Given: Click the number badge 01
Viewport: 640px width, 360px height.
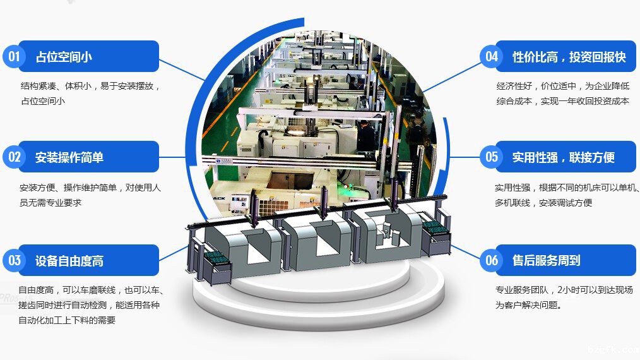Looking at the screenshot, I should pyautogui.click(x=14, y=56).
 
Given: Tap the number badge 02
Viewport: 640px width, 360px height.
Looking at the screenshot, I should pyautogui.click(x=14, y=157).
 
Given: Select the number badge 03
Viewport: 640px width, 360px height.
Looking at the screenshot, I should pyautogui.click(x=14, y=260).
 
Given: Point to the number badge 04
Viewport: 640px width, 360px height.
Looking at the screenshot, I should pyautogui.click(x=491, y=56).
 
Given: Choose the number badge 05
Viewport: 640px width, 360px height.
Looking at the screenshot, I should pyautogui.click(x=491, y=157).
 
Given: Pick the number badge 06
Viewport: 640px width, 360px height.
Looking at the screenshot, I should pyautogui.click(x=491, y=260).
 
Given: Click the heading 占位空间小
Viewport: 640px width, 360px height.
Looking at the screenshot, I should pyautogui.click(x=64, y=57).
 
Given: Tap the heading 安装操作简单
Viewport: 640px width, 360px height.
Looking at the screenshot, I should pyautogui.click(x=69, y=157).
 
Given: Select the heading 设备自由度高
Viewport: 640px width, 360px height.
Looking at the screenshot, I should pyautogui.click(x=69, y=261).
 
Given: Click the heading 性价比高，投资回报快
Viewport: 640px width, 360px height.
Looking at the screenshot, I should pyautogui.click(x=569, y=57).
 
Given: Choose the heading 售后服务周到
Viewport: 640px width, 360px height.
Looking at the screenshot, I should pyautogui.click(x=546, y=260).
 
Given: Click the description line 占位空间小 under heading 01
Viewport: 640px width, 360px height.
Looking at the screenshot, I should pyautogui.click(x=43, y=101).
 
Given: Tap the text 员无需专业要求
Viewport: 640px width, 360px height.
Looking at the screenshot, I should pyautogui.click(x=50, y=203).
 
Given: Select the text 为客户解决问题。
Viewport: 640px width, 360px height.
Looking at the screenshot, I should pyautogui.click(x=528, y=306).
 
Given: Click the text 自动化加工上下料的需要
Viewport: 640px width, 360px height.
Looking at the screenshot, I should pyautogui.click(x=67, y=320).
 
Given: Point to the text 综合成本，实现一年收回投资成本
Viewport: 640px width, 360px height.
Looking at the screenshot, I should pyautogui.click(x=562, y=101).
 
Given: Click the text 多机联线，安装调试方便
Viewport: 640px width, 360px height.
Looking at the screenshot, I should pyautogui.click(x=543, y=203).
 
